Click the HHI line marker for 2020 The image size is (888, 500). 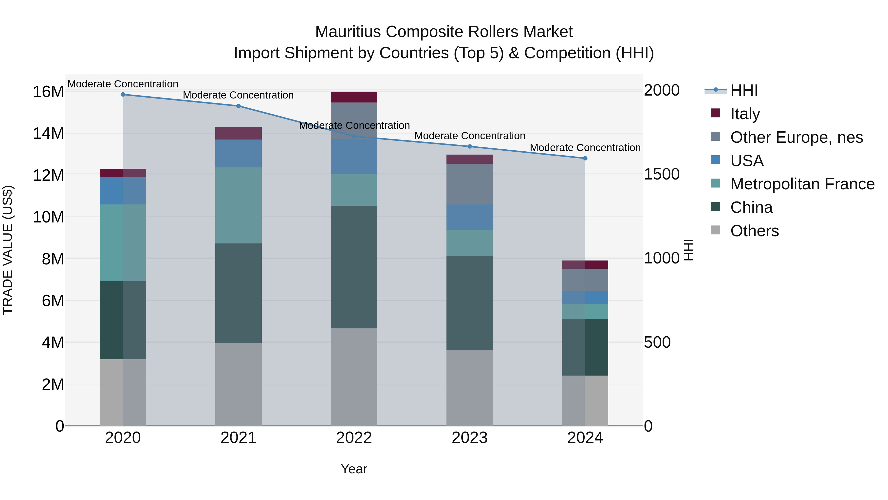[x=123, y=95]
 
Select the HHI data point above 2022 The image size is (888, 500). [x=354, y=137]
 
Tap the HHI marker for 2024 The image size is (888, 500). [x=585, y=158]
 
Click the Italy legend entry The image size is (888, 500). [x=745, y=114]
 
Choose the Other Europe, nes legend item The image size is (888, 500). [x=796, y=137]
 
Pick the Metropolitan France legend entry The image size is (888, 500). [x=802, y=184]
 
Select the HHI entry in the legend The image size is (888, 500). [x=744, y=90]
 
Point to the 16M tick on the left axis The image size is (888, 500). [x=48, y=92]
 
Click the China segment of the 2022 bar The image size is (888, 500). [x=354, y=267]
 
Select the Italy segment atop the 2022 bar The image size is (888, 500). [x=354, y=97]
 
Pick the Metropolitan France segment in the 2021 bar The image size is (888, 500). [x=239, y=206]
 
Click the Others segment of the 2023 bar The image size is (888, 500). [x=469, y=388]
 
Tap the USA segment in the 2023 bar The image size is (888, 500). [x=469, y=217]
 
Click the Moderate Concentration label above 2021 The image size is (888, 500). [x=238, y=95]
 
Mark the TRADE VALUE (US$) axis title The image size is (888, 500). [x=8, y=250]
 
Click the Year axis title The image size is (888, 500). [x=354, y=469]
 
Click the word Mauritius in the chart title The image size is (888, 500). [x=348, y=32]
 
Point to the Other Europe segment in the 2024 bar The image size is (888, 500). [x=585, y=280]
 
